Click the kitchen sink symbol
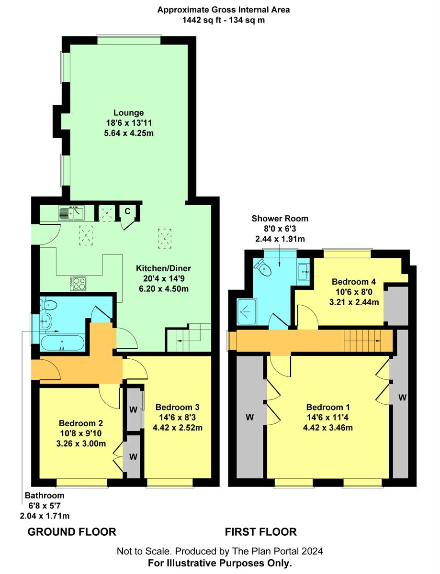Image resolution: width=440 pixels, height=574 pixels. pyautogui.click(x=71, y=213)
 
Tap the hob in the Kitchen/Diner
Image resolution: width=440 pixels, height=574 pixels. pyautogui.click(x=79, y=283)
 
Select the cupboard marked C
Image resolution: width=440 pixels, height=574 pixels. pyautogui.click(x=127, y=211)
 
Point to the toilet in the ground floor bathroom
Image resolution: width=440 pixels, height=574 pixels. pyautogui.click(x=50, y=305)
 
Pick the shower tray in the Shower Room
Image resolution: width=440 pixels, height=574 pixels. pyautogui.click(x=248, y=310)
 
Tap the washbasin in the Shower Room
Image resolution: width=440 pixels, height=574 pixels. pyautogui.click(x=304, y=271)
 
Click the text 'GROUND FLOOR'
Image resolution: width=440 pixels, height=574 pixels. pyautogui.click(x=72, y=531)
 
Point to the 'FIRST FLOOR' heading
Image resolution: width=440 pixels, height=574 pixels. pyautogui.click(x=261, y=531)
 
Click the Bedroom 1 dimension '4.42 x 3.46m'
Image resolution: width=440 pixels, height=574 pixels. pyautogui.click(x=328, y=428)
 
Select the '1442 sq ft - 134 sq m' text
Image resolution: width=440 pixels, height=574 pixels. pyautogui.click(x=224, y=20)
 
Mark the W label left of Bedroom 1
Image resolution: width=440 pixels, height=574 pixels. pyautogui.click(x=249, y=418)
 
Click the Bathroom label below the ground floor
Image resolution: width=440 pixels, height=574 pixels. pyautogui.click(x=45, y=496)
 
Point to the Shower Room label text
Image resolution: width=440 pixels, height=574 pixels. pyautogui.click(x=280, y=219)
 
